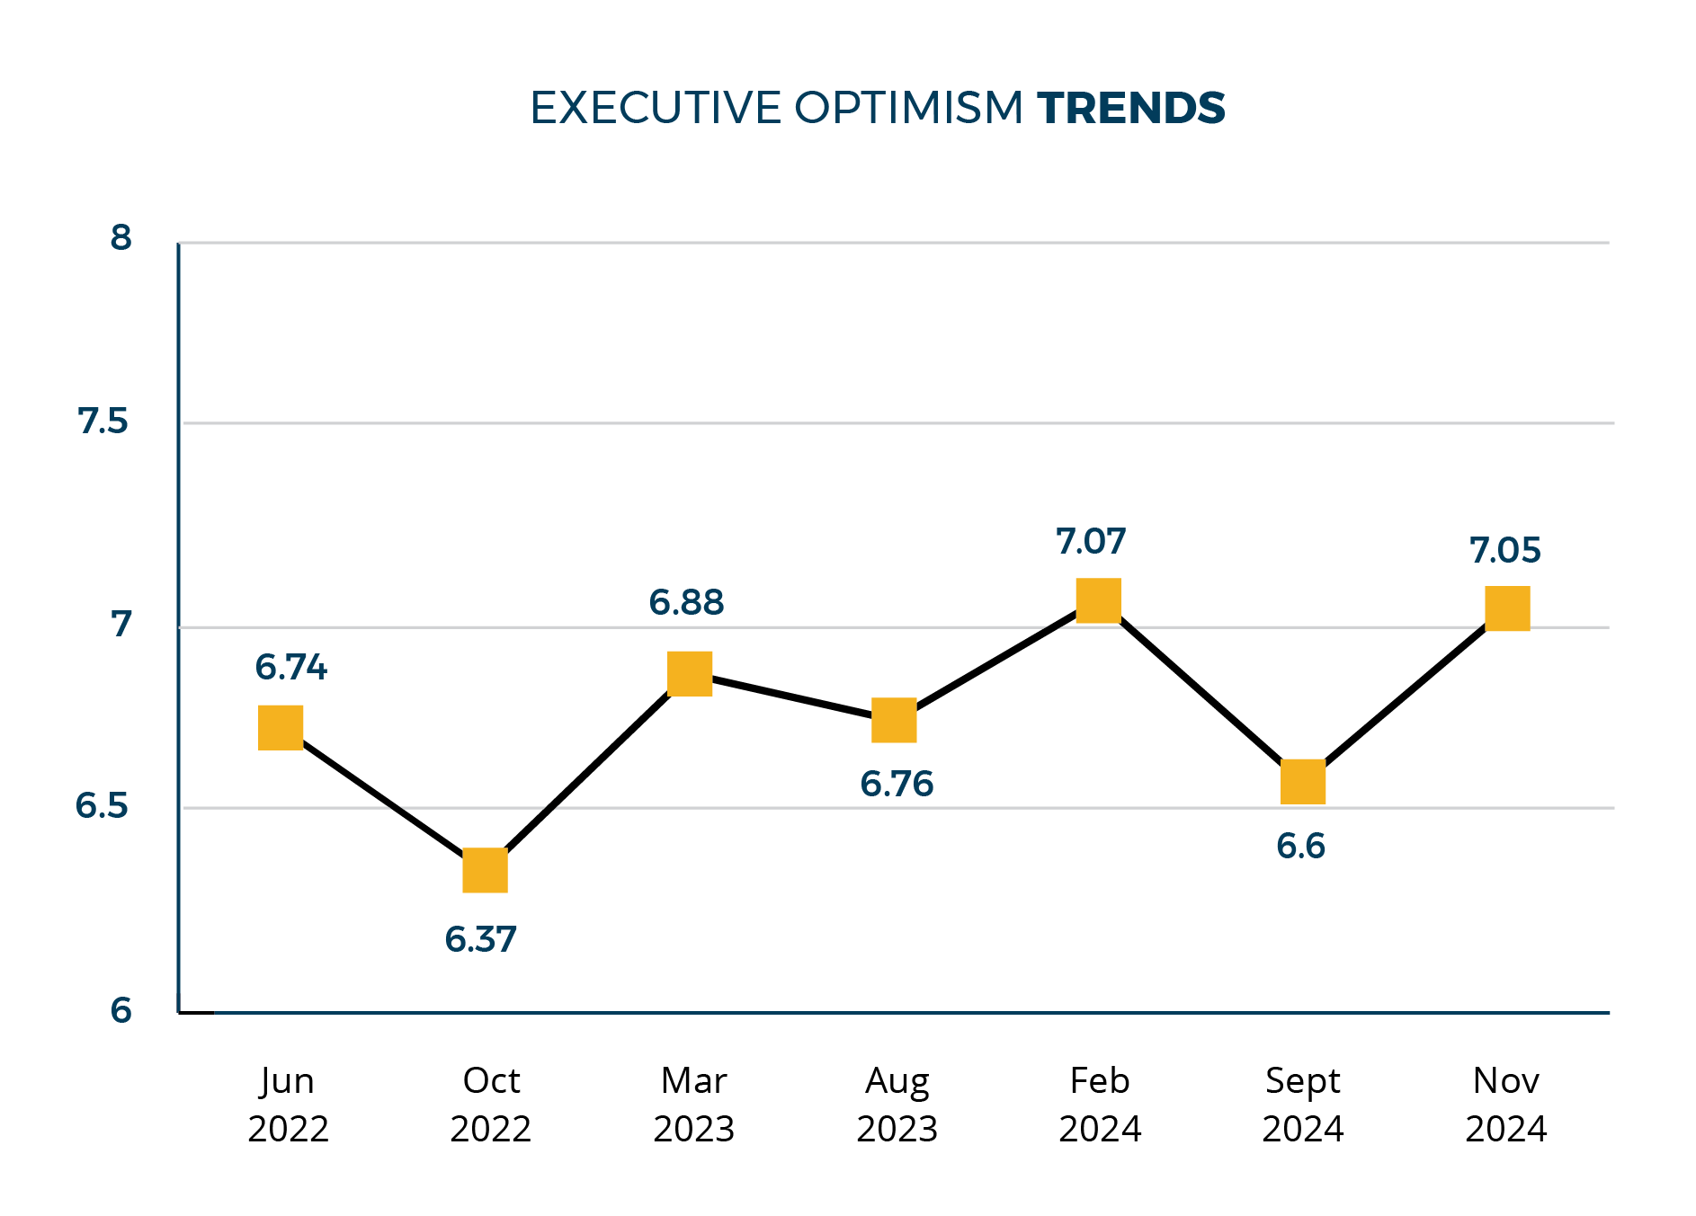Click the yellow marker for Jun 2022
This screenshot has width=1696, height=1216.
click(281, 727)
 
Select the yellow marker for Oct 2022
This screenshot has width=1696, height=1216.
click(485, 870)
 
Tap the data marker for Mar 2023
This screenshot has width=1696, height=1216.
click(690, 673)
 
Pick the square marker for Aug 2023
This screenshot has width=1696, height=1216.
click(894, 720)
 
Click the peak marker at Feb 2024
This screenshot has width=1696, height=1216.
click(1098, 600)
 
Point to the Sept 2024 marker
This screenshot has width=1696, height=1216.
click(1302, 781)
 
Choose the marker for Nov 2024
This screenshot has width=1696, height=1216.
click(1507, 608)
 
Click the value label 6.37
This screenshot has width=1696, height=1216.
click(480, 939)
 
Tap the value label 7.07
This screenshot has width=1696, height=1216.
click(1090, 541)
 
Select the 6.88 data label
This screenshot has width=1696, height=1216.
click(686, 602)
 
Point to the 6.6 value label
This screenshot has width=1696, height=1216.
click(1300, 846)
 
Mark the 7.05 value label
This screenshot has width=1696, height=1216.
click(1504, 550)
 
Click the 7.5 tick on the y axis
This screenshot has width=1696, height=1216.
click(103, 421)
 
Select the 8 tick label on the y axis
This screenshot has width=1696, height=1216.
click(121, 237)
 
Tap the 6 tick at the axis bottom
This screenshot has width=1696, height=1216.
click(121, 1009)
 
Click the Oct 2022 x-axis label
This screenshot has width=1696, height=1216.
click(491, 1104)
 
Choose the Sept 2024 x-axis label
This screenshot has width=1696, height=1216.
click(1302, 1104)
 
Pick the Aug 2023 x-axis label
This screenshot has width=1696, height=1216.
click(897, 1104)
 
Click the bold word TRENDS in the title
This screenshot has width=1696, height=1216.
click(1130, 108)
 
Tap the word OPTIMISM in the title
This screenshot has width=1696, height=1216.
click(908, 108)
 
